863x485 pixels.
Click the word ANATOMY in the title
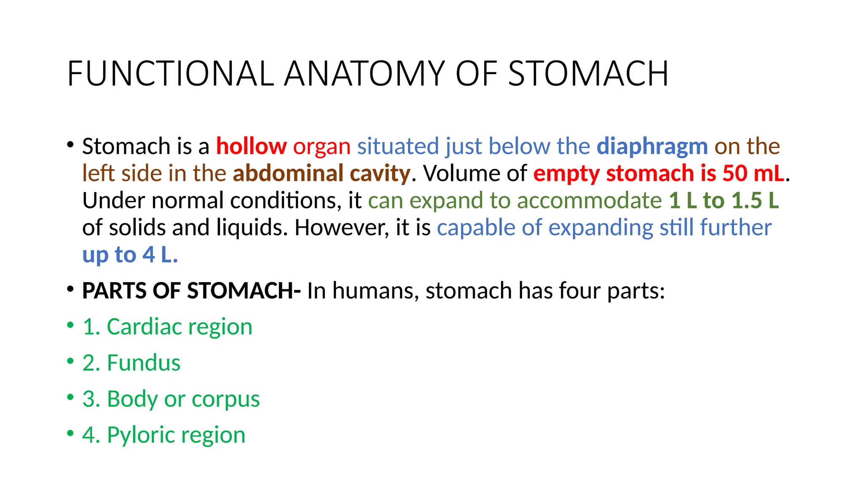(x=364, y=74)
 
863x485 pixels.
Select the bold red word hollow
(x=252, y=147)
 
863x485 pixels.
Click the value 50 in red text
(x=735, y=173)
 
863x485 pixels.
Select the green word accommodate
(x=590, y=200)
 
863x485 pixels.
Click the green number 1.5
(x=747, y=200)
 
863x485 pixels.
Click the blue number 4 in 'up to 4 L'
(x=149, y=255)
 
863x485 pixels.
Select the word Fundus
(x=144, y=363)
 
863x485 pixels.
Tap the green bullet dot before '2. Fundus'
(x=70, y=361)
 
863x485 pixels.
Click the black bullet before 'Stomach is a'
(x=70, y=145)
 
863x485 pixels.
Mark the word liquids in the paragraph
(x=252, y=228)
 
